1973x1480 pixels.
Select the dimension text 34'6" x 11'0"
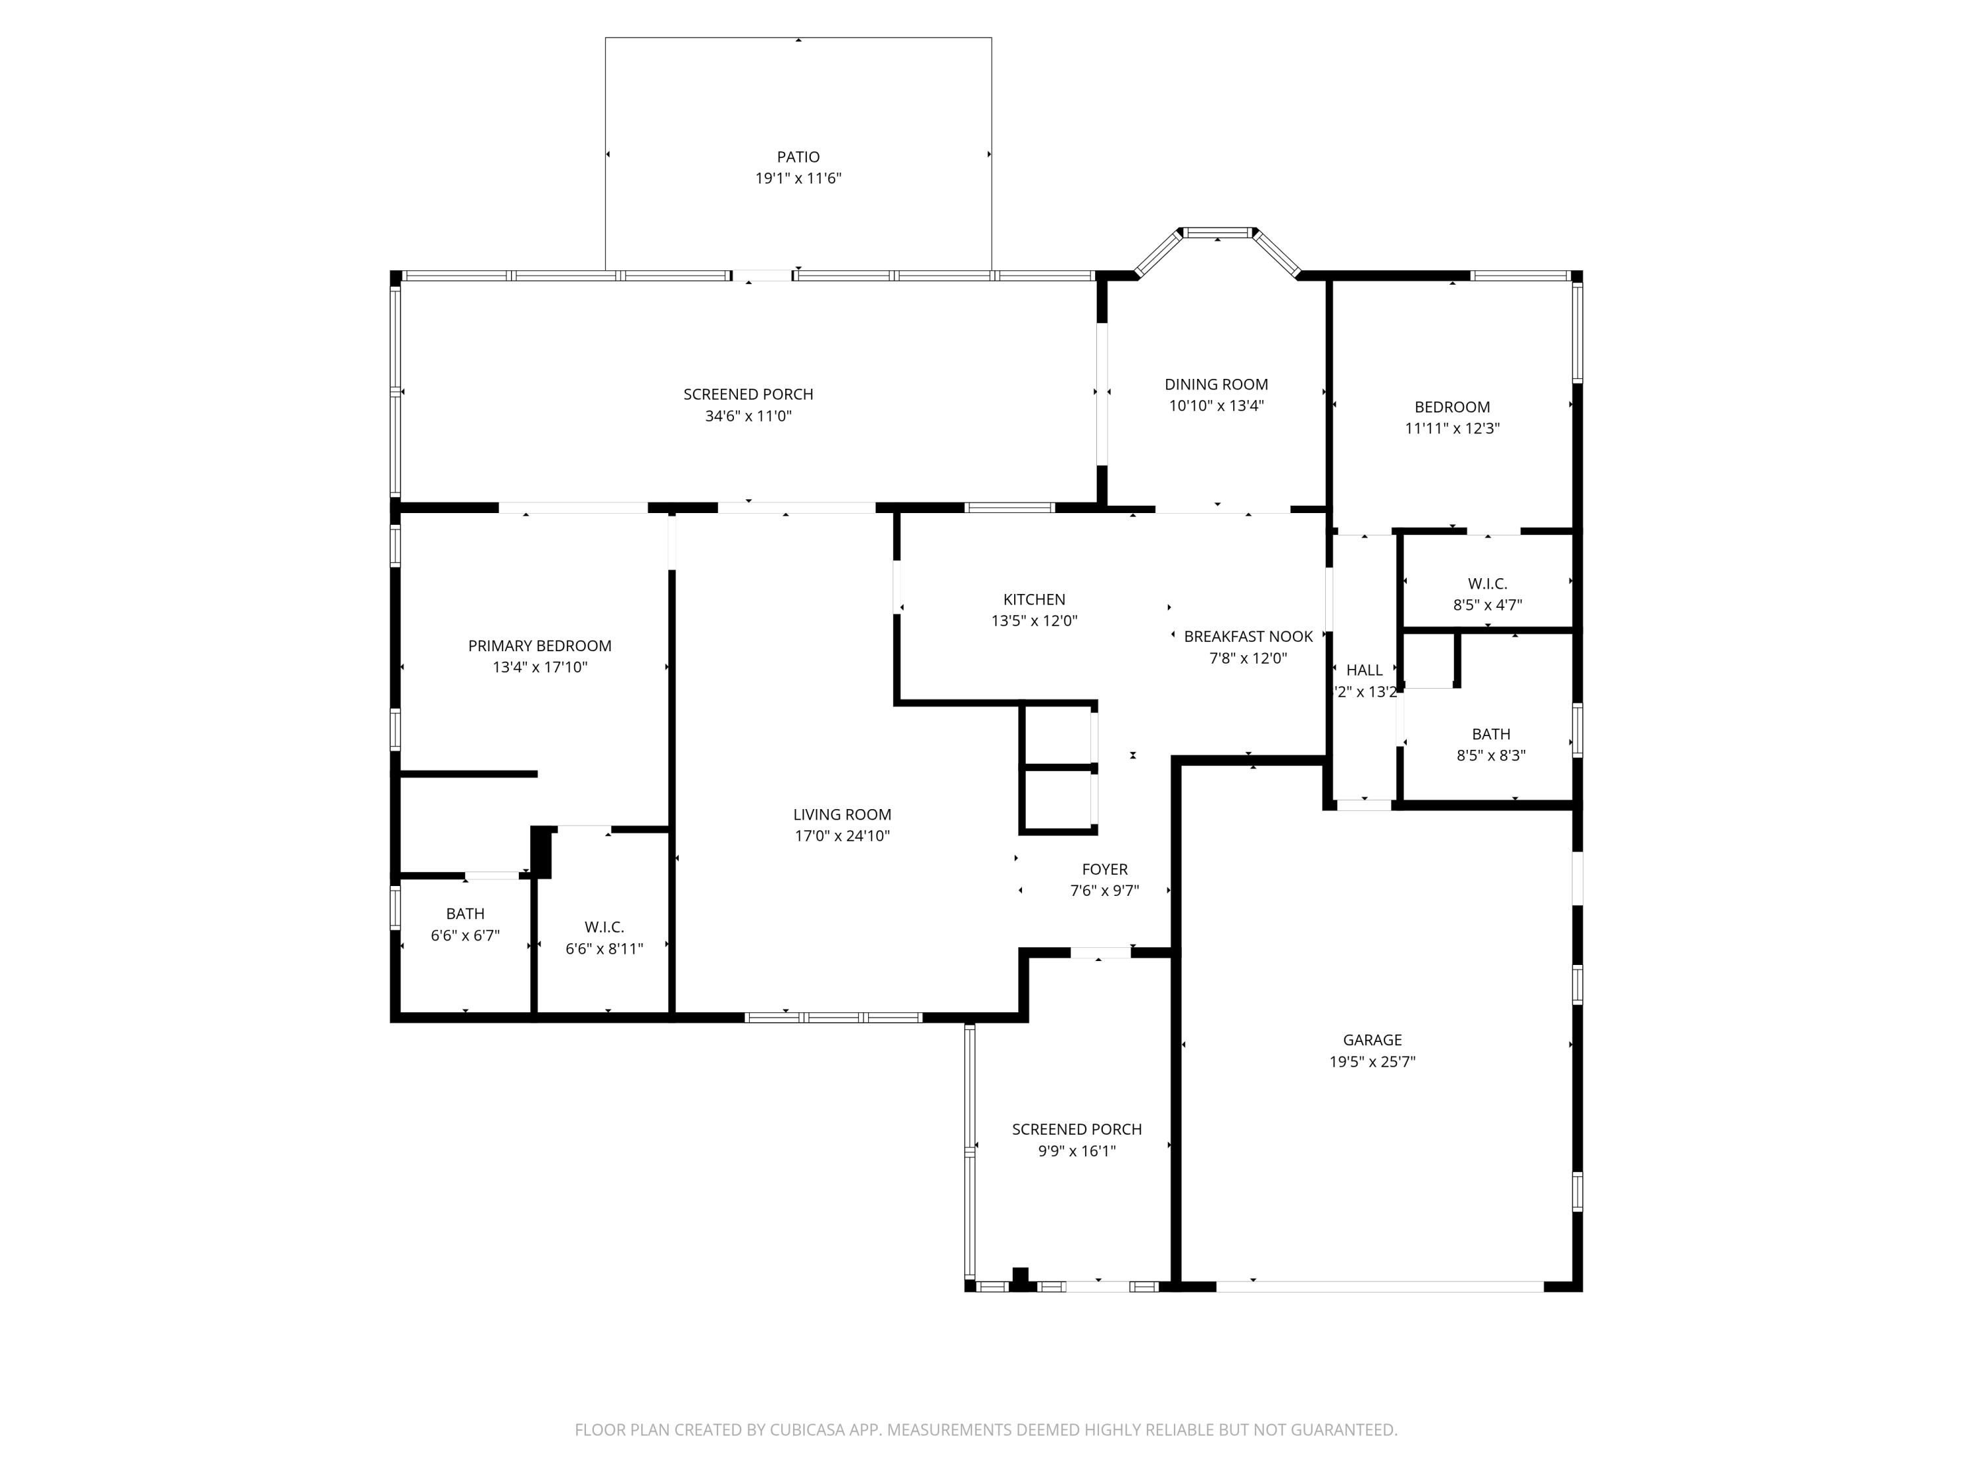748,416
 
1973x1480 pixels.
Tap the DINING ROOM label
1216,385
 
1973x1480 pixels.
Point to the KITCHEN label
1034,599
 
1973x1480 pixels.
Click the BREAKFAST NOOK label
1248,636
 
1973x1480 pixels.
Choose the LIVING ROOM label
842,814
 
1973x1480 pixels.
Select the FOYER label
1104,869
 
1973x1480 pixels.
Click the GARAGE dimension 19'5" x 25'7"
1372,1062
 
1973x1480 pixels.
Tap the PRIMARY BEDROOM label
540,646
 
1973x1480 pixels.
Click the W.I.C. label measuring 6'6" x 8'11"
604,927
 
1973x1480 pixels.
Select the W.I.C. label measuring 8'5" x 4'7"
1487,583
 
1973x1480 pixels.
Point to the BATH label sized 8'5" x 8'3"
1490,734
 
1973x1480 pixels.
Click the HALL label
1364,670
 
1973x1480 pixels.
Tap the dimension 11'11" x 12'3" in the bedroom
1452,428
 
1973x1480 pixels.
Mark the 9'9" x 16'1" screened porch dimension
1077,1151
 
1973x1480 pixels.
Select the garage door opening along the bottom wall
1379,1287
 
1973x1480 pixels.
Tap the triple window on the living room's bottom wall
833,1017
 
